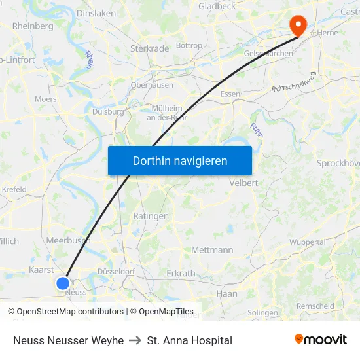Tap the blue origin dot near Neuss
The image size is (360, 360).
pos(63,283)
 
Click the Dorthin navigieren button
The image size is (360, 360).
pos(180,160)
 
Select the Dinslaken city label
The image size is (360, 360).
pos(96,12)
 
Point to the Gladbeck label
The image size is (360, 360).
pos(217,6)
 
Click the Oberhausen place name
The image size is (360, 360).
pos(152,84)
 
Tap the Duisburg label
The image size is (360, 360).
pos(108,111)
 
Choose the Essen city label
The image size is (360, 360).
pos(230,94)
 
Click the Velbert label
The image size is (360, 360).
pos(243,183)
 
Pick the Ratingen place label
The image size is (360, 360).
pos(151,216)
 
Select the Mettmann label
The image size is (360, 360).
pos(212,250)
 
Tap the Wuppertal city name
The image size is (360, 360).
pos(307,242)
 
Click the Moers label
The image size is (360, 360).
pos(45,99)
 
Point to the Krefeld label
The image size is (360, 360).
pos(14,190)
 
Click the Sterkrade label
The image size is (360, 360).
pos(149,48)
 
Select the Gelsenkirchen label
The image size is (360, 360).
pos(268,54)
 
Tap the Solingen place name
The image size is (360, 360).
pos(262,313)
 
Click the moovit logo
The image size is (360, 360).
pos(320,340)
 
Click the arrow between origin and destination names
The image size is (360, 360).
pos(135,340)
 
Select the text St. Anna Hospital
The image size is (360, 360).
pos(190,340)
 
